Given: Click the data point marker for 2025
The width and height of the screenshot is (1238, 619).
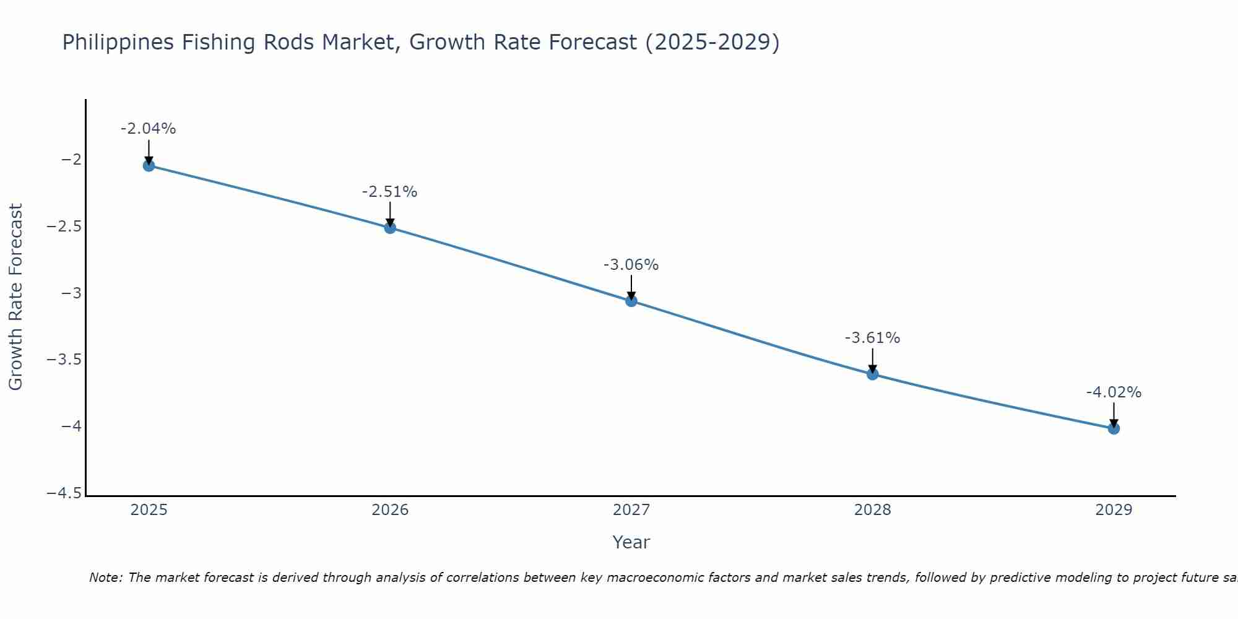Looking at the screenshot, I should tap(149, 165).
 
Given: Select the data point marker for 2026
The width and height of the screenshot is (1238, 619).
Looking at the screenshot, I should tap(390, 227).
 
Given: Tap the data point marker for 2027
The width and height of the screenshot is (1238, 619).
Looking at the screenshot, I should tap(631, 301).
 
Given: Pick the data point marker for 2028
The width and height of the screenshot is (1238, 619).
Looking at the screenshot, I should tap(873, 374).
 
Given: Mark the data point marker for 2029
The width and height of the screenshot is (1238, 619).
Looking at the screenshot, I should tap(1114, 428).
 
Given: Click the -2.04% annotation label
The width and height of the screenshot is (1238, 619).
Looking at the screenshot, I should tap(149, 129).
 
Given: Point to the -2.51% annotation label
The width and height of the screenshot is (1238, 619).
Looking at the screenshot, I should tap(390, 192).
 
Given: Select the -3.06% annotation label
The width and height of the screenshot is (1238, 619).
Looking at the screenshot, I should tap(631, 265).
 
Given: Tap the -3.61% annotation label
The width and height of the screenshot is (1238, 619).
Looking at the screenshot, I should tap(873, 338).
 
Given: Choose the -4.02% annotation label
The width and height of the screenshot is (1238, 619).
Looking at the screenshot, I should tap(1114, 392).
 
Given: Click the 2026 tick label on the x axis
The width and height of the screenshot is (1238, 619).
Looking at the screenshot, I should tap(390, 510).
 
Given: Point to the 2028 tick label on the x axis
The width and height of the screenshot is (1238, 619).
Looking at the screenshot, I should tap(873, 510).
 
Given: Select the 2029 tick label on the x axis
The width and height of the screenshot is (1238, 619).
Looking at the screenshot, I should tap(1114, 510).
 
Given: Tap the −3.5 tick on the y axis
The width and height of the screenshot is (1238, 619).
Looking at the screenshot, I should tap(64, 360).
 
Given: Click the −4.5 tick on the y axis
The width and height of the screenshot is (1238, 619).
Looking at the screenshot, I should tap(64, 493).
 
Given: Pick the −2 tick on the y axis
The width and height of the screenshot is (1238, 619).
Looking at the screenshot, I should tap(71, 160).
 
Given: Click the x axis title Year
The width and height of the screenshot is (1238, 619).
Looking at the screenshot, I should tap(631, 542).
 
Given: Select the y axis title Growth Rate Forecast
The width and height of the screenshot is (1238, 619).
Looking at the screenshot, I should tap(15, 297).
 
